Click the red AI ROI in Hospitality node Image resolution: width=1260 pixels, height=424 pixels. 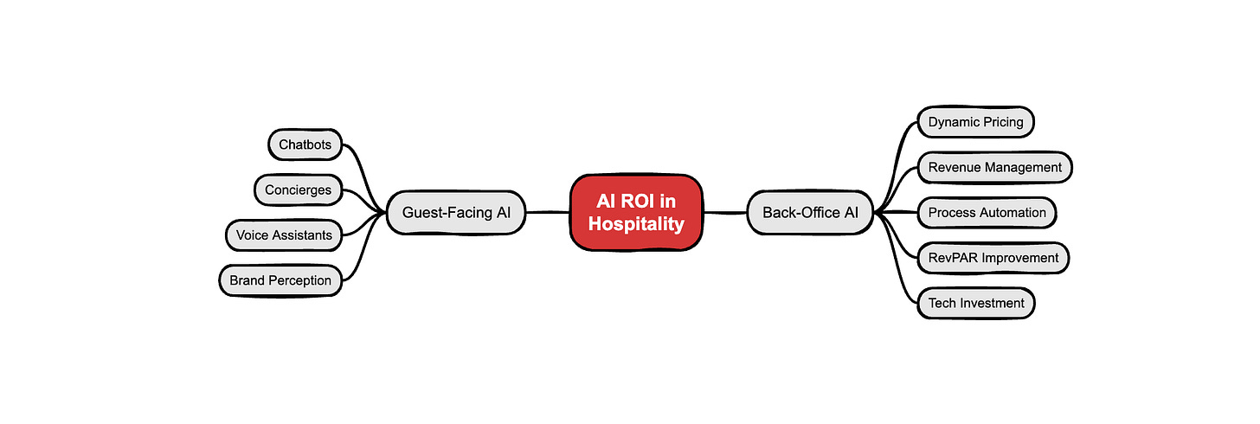(637, 212)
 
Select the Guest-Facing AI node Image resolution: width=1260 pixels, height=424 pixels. (455, 212)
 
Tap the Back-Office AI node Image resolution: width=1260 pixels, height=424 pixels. (810, 212)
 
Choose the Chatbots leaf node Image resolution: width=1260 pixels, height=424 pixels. (305, 145)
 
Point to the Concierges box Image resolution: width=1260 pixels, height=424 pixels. (298, 190)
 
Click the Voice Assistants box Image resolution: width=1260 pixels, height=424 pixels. (283, 234)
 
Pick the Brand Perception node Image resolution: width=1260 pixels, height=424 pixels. (280, 279)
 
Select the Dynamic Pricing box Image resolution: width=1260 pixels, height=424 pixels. (975, 122)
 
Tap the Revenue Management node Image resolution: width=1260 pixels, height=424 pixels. (994, 167)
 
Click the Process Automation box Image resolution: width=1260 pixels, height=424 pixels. (987, 212)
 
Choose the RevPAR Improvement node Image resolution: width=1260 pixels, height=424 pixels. (993, 257)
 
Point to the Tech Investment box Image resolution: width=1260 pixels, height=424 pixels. (975, 303)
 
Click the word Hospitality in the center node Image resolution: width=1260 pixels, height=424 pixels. (637, 223)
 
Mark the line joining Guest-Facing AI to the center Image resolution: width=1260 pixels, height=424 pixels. (547, 212)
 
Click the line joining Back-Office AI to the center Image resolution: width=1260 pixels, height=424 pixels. (725, 212)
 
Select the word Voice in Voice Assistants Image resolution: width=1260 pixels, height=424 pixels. (252, 234)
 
